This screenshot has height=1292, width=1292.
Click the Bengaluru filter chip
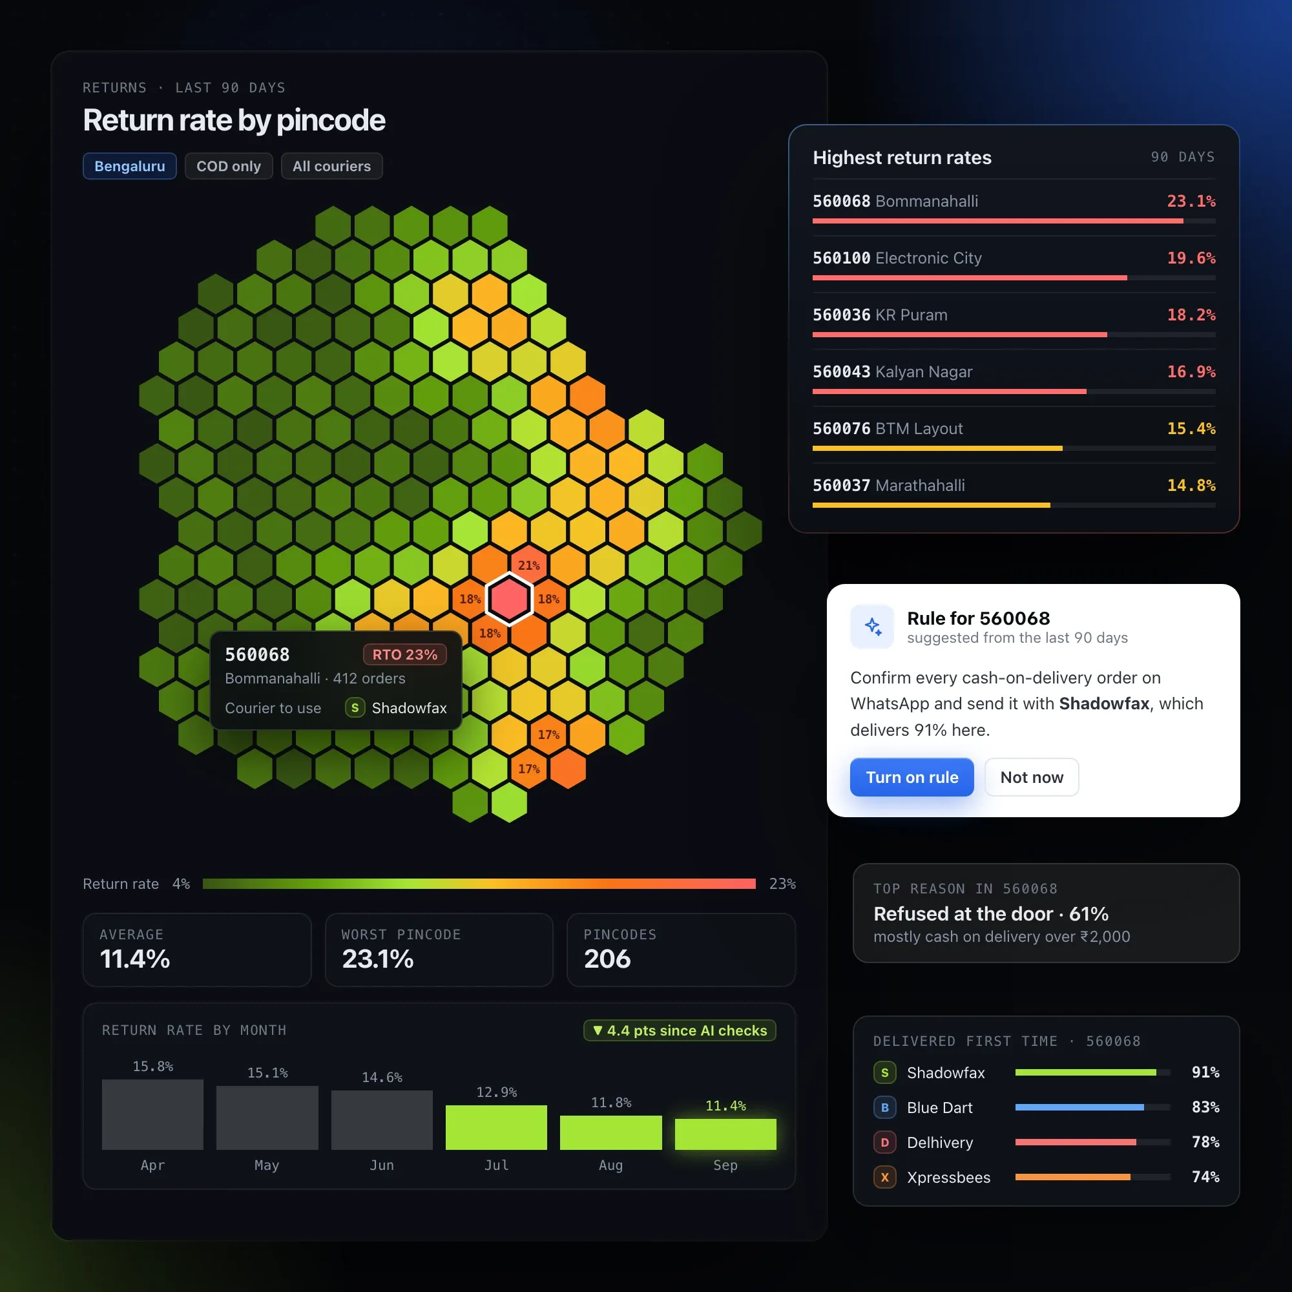pos(130,166)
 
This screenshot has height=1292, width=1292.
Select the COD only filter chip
pos(229,166)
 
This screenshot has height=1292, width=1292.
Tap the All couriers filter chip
pos(331,166)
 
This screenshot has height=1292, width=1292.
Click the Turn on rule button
pos(912,777)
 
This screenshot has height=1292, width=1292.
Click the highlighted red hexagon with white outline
pos(509,599)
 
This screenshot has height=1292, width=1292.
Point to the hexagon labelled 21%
pos(528,565)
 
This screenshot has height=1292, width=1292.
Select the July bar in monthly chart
pos(496,1127)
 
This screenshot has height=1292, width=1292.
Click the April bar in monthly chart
pos(152,1115)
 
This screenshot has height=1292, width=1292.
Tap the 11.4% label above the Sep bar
pos(725,1106)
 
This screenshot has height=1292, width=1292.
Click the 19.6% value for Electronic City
pos(1191,258)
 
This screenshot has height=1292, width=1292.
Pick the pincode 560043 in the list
pos(841,372)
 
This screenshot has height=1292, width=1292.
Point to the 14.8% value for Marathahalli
pos(1191,486)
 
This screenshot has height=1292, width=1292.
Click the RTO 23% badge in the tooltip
pos(404,654)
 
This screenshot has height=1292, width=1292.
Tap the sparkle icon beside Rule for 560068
pos(872,627)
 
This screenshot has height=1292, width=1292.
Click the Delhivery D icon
pos(885,1142)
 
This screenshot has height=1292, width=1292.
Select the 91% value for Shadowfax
pos(1205,1072)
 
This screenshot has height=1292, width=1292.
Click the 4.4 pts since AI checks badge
pos(680,1030)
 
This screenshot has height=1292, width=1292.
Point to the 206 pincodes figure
pos(607,959)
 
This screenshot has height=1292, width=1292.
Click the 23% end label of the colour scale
pos(782,884)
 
